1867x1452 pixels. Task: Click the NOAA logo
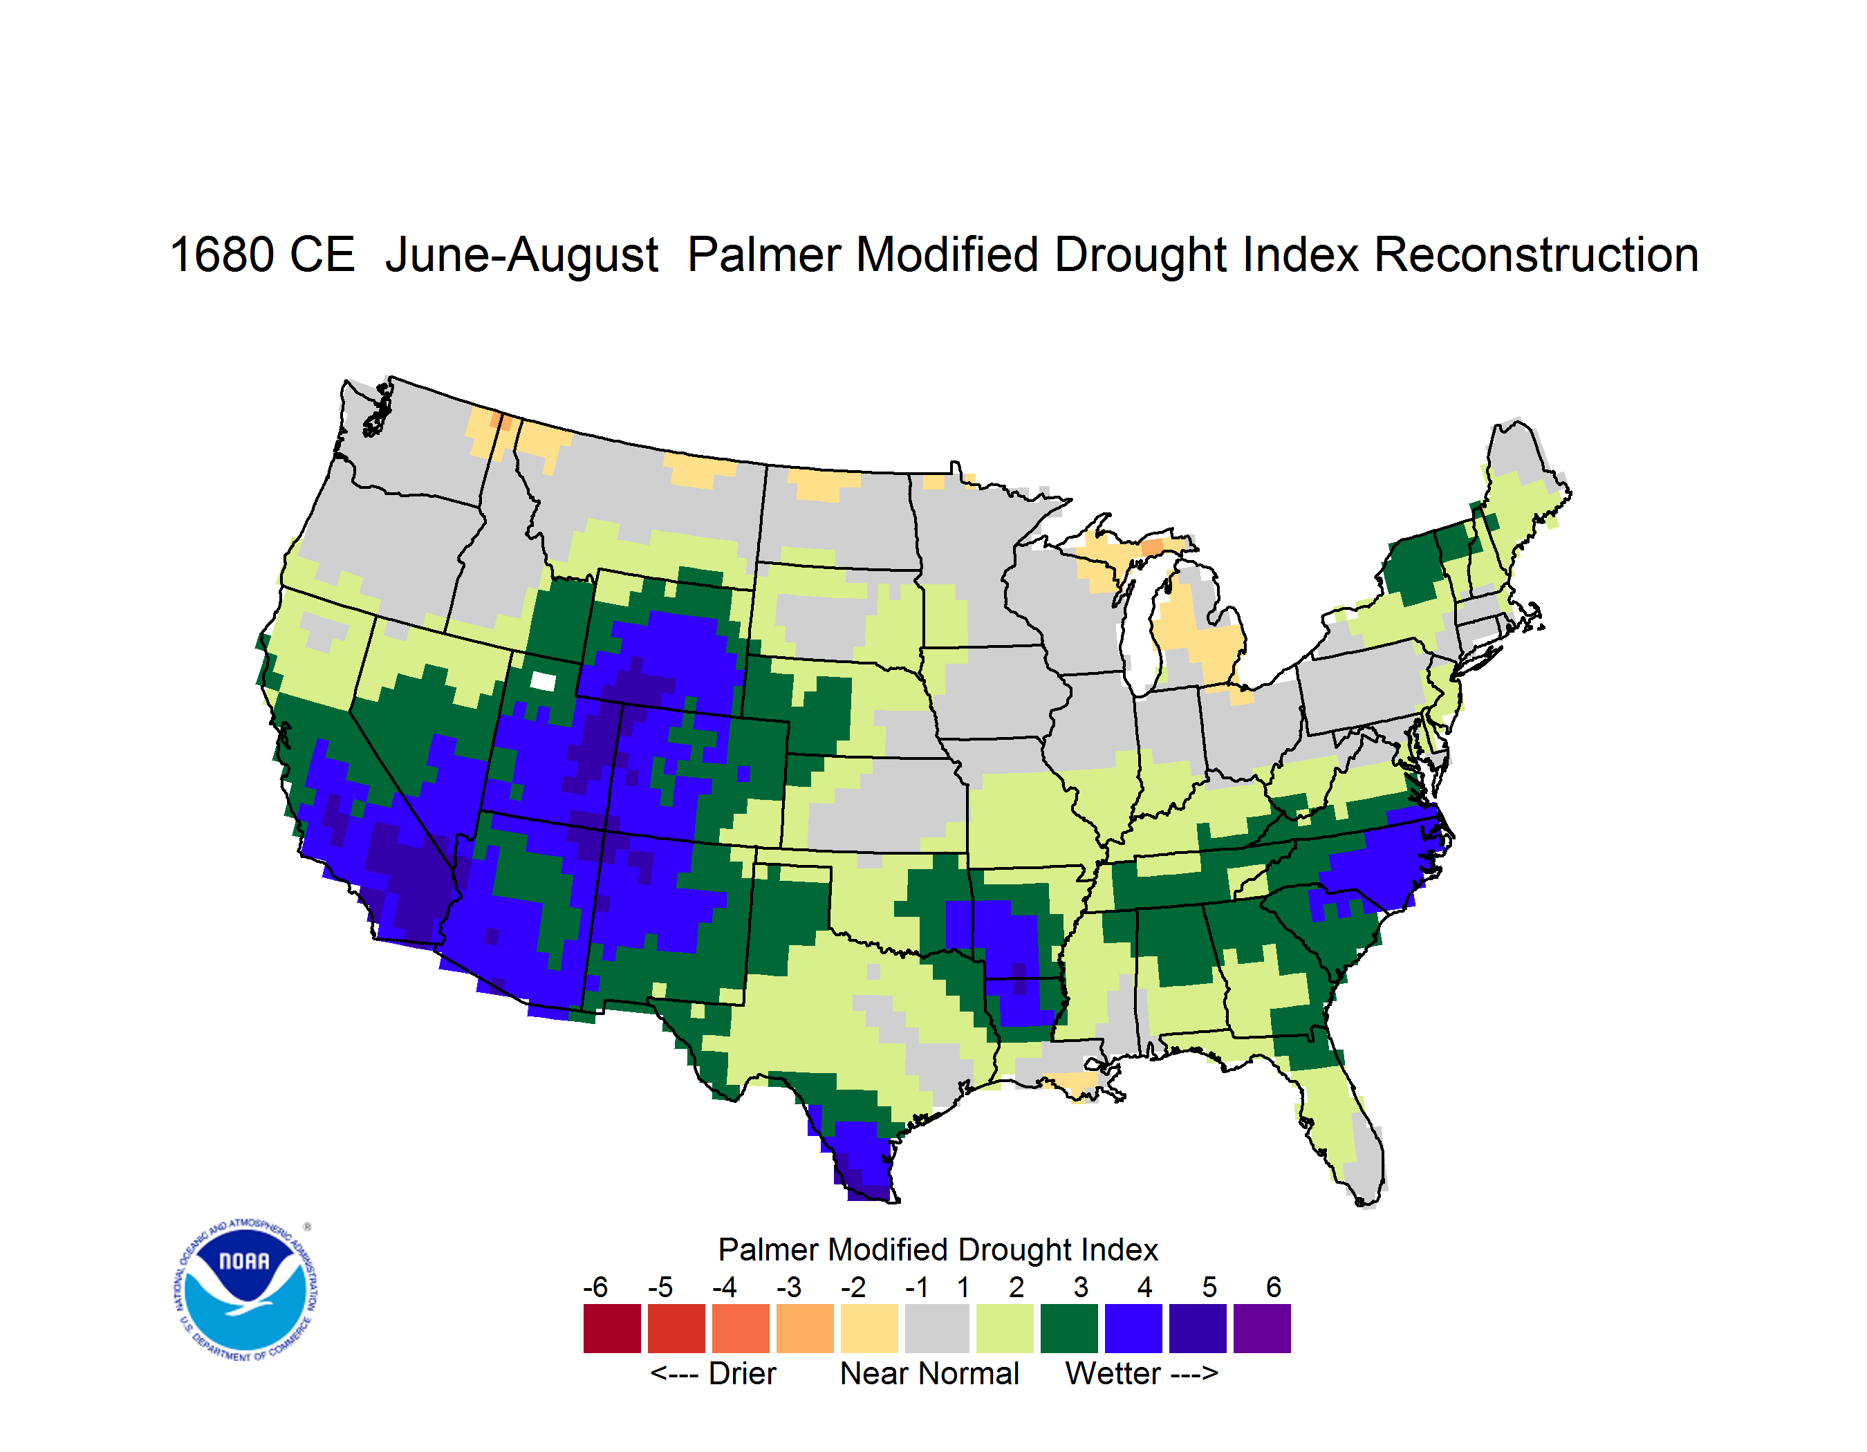click(245, 1290)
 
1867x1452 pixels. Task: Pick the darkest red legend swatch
click(612, 1328)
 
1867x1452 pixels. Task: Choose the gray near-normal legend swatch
click(937, 1328)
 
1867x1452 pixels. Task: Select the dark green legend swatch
click(1068, 1328)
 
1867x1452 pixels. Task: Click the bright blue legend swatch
click(1133, 1328)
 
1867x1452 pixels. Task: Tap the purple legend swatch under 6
click(1262, 1328)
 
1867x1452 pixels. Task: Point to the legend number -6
click(596, 1287)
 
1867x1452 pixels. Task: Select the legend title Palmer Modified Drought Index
click(938, 1249)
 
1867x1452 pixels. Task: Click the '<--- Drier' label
click(713, 1373)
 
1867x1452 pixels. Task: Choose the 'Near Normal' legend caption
click(929, 1373)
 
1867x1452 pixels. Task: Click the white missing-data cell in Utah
click(543, 681)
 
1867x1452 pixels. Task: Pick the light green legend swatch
click(1005, 1328)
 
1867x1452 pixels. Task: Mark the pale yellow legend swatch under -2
click(869, 1328)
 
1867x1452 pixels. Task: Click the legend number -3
click(789, 1287)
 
